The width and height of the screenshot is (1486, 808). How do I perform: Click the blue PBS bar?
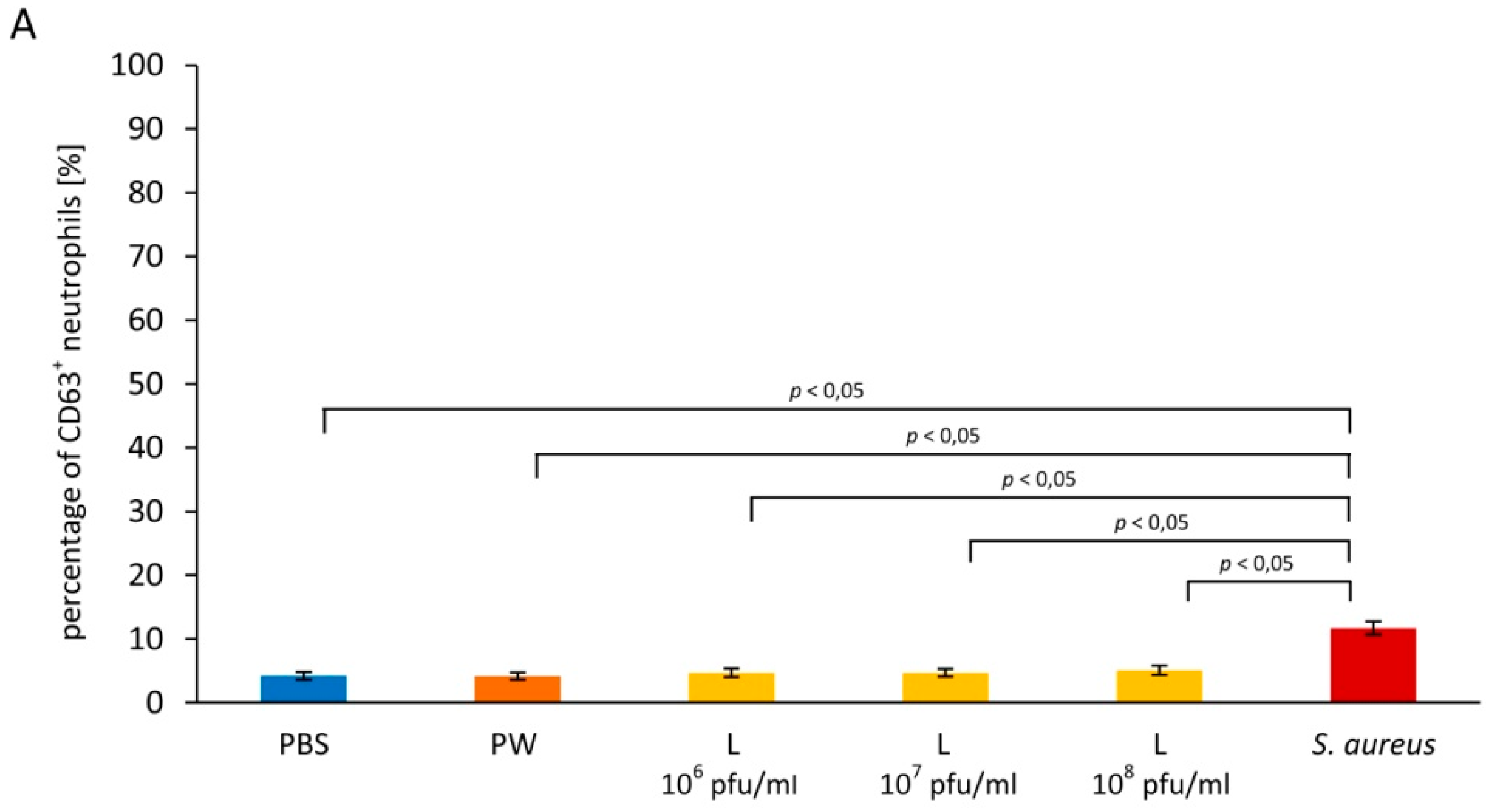(x=303, y=688)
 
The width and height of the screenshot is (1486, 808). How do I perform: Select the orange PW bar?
(x=517, y=689)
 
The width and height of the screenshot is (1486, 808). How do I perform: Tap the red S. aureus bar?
(x=1373, y=666)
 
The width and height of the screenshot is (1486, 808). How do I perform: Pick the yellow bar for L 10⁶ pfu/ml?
(x=732, y=687)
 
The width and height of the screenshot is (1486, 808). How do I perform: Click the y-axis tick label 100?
(x=137, y=66)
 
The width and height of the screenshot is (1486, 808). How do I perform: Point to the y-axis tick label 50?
(x=145, y=384)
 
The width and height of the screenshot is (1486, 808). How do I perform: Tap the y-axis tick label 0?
(x=154, y=703)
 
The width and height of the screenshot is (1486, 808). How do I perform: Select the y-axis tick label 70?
(x=145, y=257)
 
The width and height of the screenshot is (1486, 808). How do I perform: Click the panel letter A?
(x=23, y=26)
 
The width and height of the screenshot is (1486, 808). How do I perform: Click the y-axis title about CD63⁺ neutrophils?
(x=74, y=392)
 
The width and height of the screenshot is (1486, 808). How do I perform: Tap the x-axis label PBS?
(x=304, y=745)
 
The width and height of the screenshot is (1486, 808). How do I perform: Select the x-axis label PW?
(x=513, y=745)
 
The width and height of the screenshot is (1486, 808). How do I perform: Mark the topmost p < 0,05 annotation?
(x=827, y=392)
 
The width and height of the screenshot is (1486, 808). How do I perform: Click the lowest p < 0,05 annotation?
(x=1256, y=563)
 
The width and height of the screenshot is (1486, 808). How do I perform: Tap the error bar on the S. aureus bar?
(x=1373, y=628)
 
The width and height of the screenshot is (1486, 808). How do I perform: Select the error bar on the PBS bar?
(x=303, y=676)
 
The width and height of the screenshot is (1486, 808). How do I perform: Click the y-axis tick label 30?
(x=145, y=512)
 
